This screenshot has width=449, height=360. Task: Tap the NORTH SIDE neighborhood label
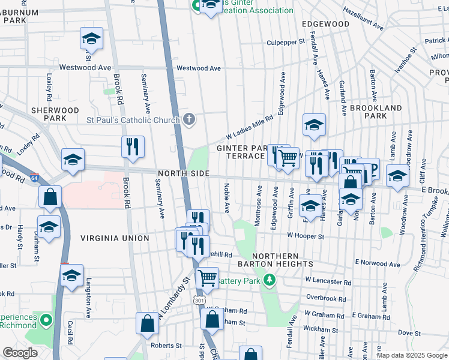point(183,173)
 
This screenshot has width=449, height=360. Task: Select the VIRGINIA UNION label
point(115,238)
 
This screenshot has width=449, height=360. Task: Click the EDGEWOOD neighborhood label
point(326,24)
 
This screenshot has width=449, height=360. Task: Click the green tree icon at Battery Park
point(270,280)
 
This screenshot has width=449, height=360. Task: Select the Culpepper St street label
point(286,43)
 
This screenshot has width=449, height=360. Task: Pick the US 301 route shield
point(199,299)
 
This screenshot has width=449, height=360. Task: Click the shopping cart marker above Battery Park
point(207,277)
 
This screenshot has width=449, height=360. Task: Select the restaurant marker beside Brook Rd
point(133,146)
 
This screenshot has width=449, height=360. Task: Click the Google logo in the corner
point(20,353)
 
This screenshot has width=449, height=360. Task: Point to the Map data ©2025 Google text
point(411,355)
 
